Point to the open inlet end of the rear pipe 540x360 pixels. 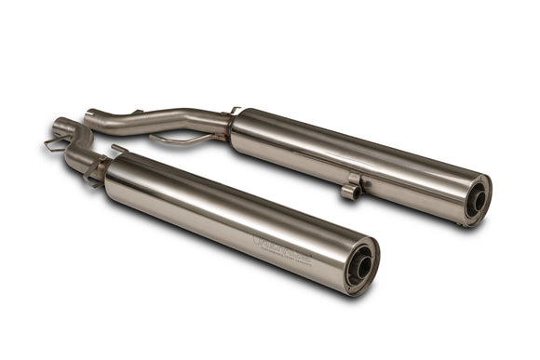click(89, 116)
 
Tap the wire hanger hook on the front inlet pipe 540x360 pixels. click(54, 145)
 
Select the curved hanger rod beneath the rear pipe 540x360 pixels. click(177, 140)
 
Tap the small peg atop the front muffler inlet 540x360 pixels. click(116, 148)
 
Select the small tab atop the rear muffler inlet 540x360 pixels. click(235, 110)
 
